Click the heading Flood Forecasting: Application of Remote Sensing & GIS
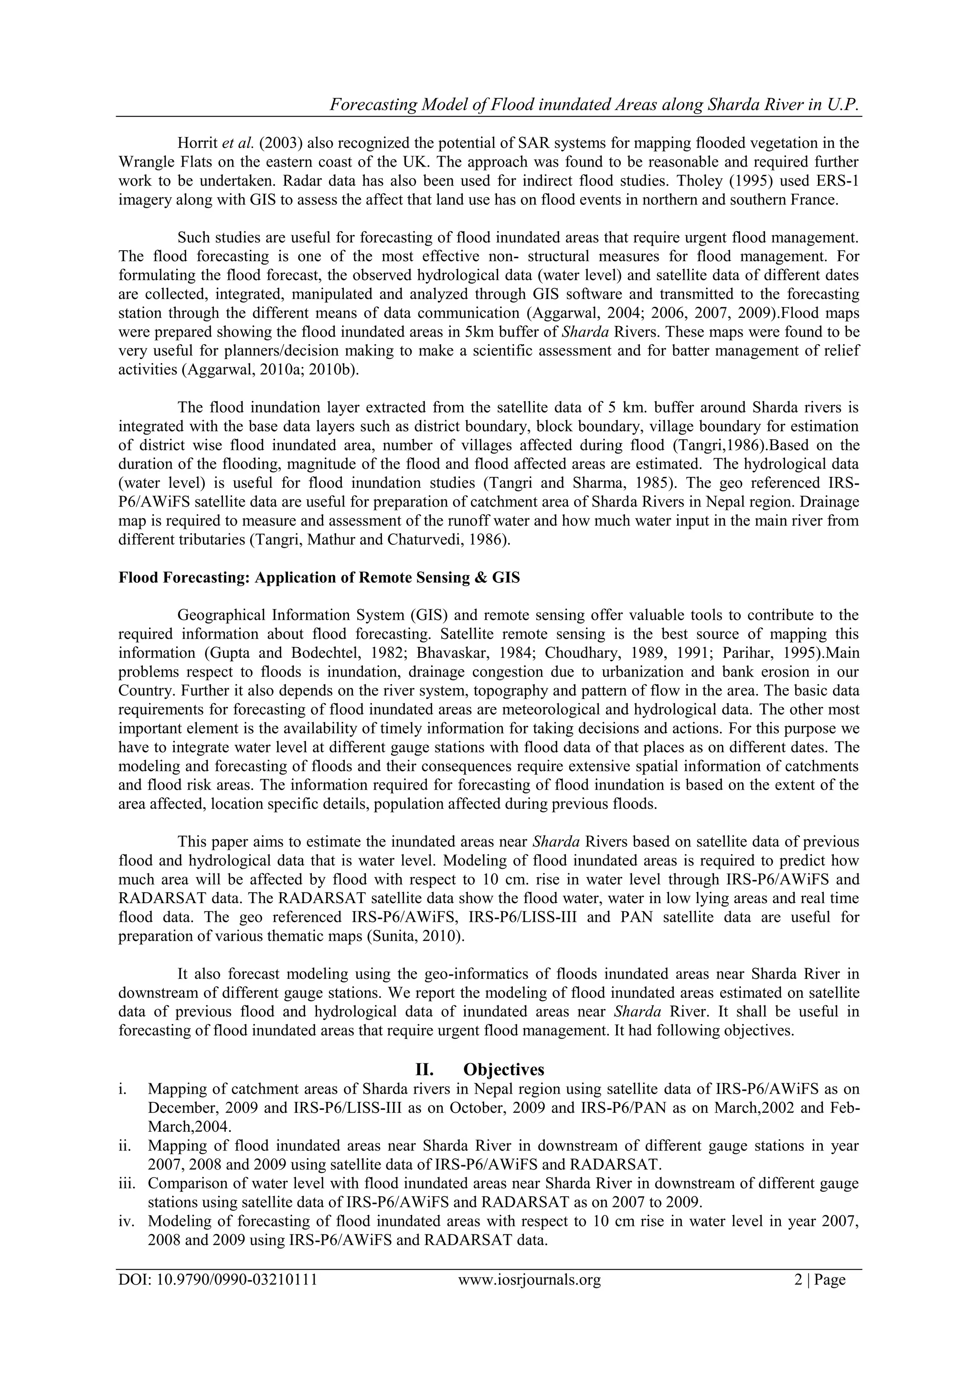[319, 578]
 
